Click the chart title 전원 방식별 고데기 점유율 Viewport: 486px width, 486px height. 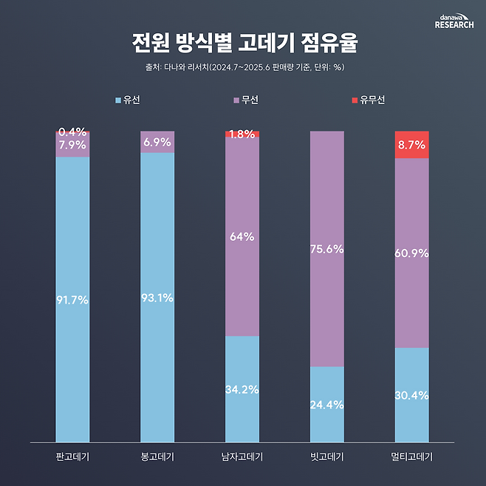click(x=244, y=43)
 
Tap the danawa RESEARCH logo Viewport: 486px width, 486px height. click(x=454, y=21)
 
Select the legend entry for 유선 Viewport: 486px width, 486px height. click(x=127, y=99)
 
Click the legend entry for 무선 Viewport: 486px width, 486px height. click(x=244, y=99)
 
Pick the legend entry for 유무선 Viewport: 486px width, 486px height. click(x=368, y=99)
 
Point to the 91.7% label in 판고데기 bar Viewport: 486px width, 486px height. click(x=72, y=300)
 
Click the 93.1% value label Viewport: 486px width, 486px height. click(x=157, y=298)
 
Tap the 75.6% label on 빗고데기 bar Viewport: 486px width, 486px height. click(x=327, y=249)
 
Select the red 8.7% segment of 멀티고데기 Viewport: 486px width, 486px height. click(x=412, y=145)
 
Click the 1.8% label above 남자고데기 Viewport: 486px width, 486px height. click(x=242, y=134)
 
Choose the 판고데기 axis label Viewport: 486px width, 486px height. click(x=72, y=456)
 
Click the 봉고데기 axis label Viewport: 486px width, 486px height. click(x=157, y=456)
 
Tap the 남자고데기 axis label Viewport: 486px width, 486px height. click(x=242, y=456)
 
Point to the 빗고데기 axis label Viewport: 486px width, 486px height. click(x=327, y=456)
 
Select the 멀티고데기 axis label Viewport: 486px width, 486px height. click(x=412, y=456)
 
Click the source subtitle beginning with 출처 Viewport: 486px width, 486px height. click(x=244, y=68)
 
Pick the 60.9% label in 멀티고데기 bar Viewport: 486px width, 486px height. click(x=412, y=253)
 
